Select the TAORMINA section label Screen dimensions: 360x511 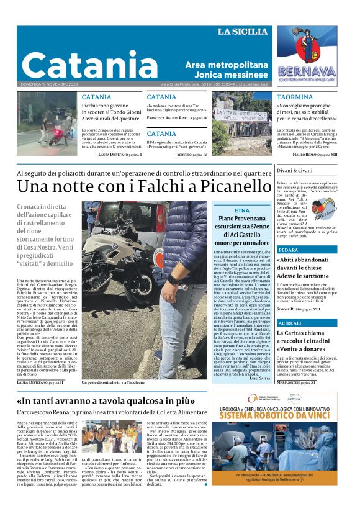[x=295, y=97]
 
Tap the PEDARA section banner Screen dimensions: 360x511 [x=290, y=250]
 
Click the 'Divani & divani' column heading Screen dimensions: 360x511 [x=295, y=170]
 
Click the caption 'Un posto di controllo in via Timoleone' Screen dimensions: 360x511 [x=117, y=382]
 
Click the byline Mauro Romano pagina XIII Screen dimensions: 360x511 [x=315, y=154]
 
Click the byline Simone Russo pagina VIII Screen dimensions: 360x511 [x=299, y=309]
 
